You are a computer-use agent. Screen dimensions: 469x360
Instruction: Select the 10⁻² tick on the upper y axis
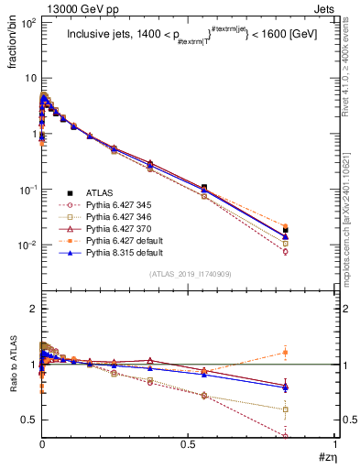[26, 245]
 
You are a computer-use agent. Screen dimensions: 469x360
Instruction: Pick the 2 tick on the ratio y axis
[31, 310]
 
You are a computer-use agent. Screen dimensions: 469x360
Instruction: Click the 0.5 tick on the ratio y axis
[27, 420]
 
